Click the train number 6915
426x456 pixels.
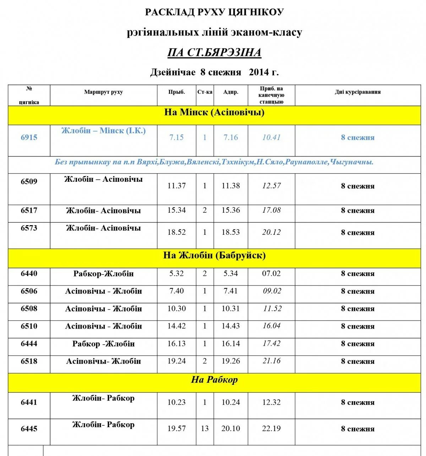click(x=29, y=138)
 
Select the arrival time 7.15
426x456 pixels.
click(x=176, y=137)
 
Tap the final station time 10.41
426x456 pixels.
click(x=272, y=137)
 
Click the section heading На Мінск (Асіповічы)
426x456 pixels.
click(x=214, y=113)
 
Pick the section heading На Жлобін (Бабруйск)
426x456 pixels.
click(x=214, y=255)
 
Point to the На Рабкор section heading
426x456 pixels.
click(x=214, y=380)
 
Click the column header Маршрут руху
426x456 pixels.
click(x=103, y=92)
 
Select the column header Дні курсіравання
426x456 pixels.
click(x=357, y=92)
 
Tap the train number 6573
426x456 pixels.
click(x=29, y=228)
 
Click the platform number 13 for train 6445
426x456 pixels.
click(x=205, y=429)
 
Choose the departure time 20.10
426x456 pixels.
click(x=231, y=429)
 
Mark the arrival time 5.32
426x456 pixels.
click(x=176, y=274)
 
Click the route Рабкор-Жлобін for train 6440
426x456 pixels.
click(x=103, y=274)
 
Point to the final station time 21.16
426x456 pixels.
click(x=272, y=361)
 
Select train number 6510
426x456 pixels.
click(x=29, y=326)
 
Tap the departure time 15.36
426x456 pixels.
click(x=231, y=210)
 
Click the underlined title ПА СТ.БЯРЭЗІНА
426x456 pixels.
click(x=214, y=53)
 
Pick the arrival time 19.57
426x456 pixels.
click(x=176, y=429)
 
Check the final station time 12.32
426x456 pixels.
click(x=272, y=402)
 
